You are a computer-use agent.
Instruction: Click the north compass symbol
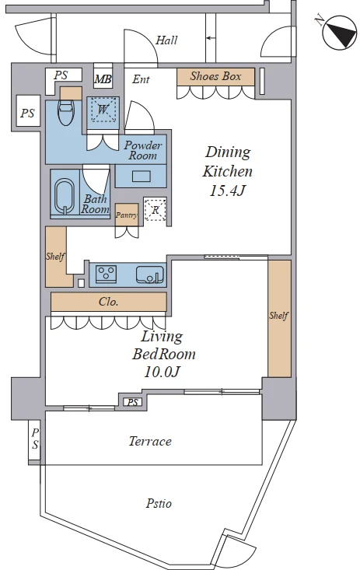pyautogui.click(x=340, y=33)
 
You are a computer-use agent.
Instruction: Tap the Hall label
pyautogui.click(x=166, y=40)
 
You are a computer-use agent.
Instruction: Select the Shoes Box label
pyautogui.click(x=215, y=76)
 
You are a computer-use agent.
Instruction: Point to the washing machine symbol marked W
pyautogui.click(x=103, y=109)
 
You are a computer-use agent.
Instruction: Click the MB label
pyautogui.click(x=103, y=79)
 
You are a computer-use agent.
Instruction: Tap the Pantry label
pyautogui.click(x=127, y=215)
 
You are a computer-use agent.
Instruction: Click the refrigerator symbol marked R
pyautogui.click(x=156, y=210)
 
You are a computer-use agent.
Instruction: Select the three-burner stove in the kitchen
pyautogui.click(x=107, y=274)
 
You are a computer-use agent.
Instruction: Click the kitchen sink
pyautogui.click(x=150, y=275)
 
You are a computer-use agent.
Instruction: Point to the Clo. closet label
pyautogui.click(x=108, y=302)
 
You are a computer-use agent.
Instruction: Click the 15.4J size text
pyautogui.click(x=226, y=191)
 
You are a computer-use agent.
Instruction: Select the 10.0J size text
pyautogui.click(x=162, y=372)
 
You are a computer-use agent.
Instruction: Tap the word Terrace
pyautogui.click(x=150, y=442)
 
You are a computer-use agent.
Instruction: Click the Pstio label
pyautogui.click(x=159, y=503)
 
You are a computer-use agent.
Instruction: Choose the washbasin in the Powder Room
pyautogui.click(x=141, y=177)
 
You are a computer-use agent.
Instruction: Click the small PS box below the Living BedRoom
pyautogui.click(x=133, y=402)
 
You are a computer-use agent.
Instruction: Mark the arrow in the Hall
pyautogui.click(x=209, y=37)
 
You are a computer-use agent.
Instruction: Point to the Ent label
pyautogui.click(x=141, y=79)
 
